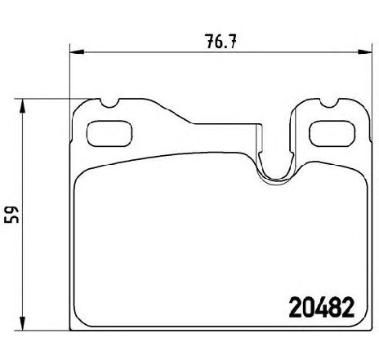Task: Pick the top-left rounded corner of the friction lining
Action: pos(79,181)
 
